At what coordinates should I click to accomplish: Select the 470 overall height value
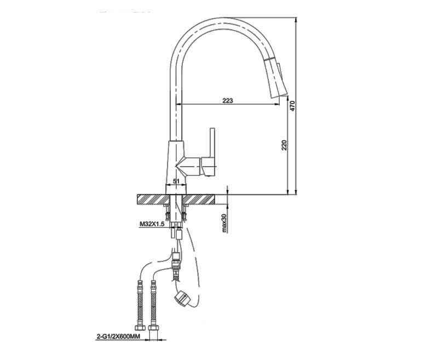pyautogui.click(x=293, y=105)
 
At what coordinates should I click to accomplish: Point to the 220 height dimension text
pyautogui.click(x=284, y=145)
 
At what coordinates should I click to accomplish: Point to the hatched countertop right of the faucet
pyautogui.click(x=206, y=198)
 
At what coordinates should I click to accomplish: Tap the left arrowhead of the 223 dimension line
pyautogui.click(x=183, y=104)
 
